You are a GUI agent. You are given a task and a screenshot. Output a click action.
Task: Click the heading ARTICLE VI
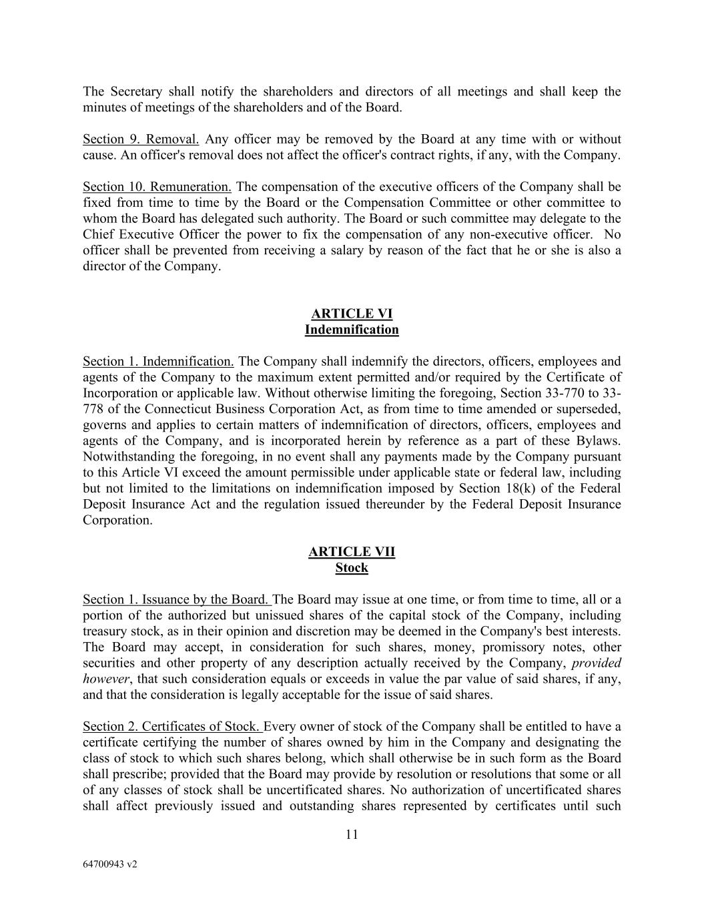point(352,314)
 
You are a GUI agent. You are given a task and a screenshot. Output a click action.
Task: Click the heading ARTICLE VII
point(352,552)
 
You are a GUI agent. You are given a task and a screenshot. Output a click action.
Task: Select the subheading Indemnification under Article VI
point(352,330)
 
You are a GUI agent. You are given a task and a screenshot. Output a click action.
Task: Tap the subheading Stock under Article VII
point(352,568)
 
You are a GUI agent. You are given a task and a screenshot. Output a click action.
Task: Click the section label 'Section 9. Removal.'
point(141,139)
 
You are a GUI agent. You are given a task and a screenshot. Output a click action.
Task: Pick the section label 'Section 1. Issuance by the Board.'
point(176,599)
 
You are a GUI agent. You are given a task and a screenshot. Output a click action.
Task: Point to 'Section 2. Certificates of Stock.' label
point(172,727)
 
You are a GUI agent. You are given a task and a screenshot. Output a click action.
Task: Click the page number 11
point(352,834)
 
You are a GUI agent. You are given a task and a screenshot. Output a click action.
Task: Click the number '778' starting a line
point(93,409)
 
